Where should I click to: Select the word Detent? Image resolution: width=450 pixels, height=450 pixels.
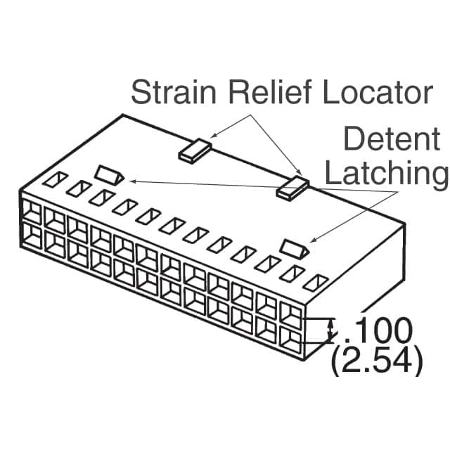click(x=391, y=140)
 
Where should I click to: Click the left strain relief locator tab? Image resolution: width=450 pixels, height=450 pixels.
click(x=195, y=151)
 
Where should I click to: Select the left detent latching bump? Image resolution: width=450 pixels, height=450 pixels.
click(x=109, y=173)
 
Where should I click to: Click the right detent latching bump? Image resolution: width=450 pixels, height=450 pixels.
click(x=295, y=247)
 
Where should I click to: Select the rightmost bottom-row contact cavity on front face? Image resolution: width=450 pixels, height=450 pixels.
click(x=290, y=337)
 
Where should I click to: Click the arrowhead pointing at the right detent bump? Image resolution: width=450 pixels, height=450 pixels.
click(x=312, y=240)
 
